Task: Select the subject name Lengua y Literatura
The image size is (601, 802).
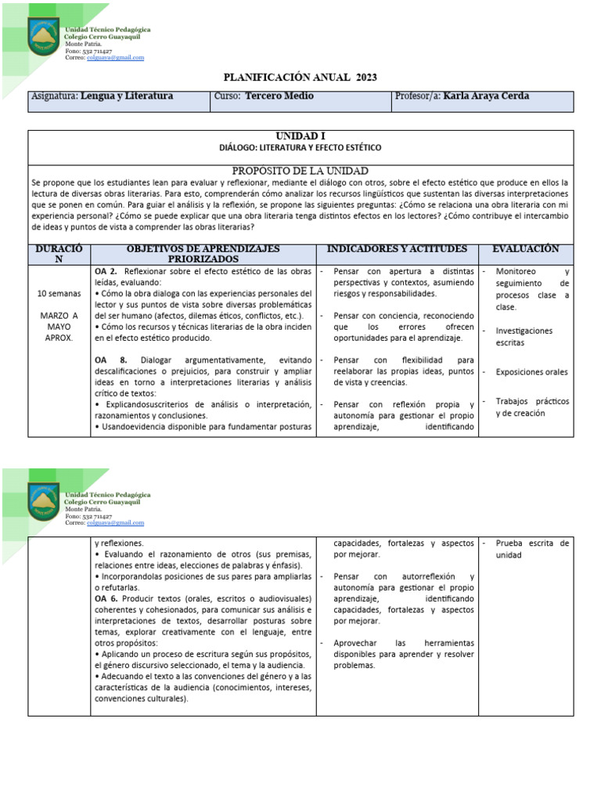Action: coord(127,96)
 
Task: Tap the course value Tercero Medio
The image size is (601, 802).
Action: coord(279,96)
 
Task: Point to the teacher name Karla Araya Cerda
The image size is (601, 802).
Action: coord(486,96)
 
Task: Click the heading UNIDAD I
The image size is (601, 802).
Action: coord(301,136)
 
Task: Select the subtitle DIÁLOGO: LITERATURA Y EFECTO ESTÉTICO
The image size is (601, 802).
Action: coord(301,147)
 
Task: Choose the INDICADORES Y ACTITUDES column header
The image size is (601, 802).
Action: coord(397,249)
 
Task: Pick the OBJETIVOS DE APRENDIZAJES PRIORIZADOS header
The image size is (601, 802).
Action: coord(203,254)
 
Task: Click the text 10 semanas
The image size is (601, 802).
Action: coord(59,294)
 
